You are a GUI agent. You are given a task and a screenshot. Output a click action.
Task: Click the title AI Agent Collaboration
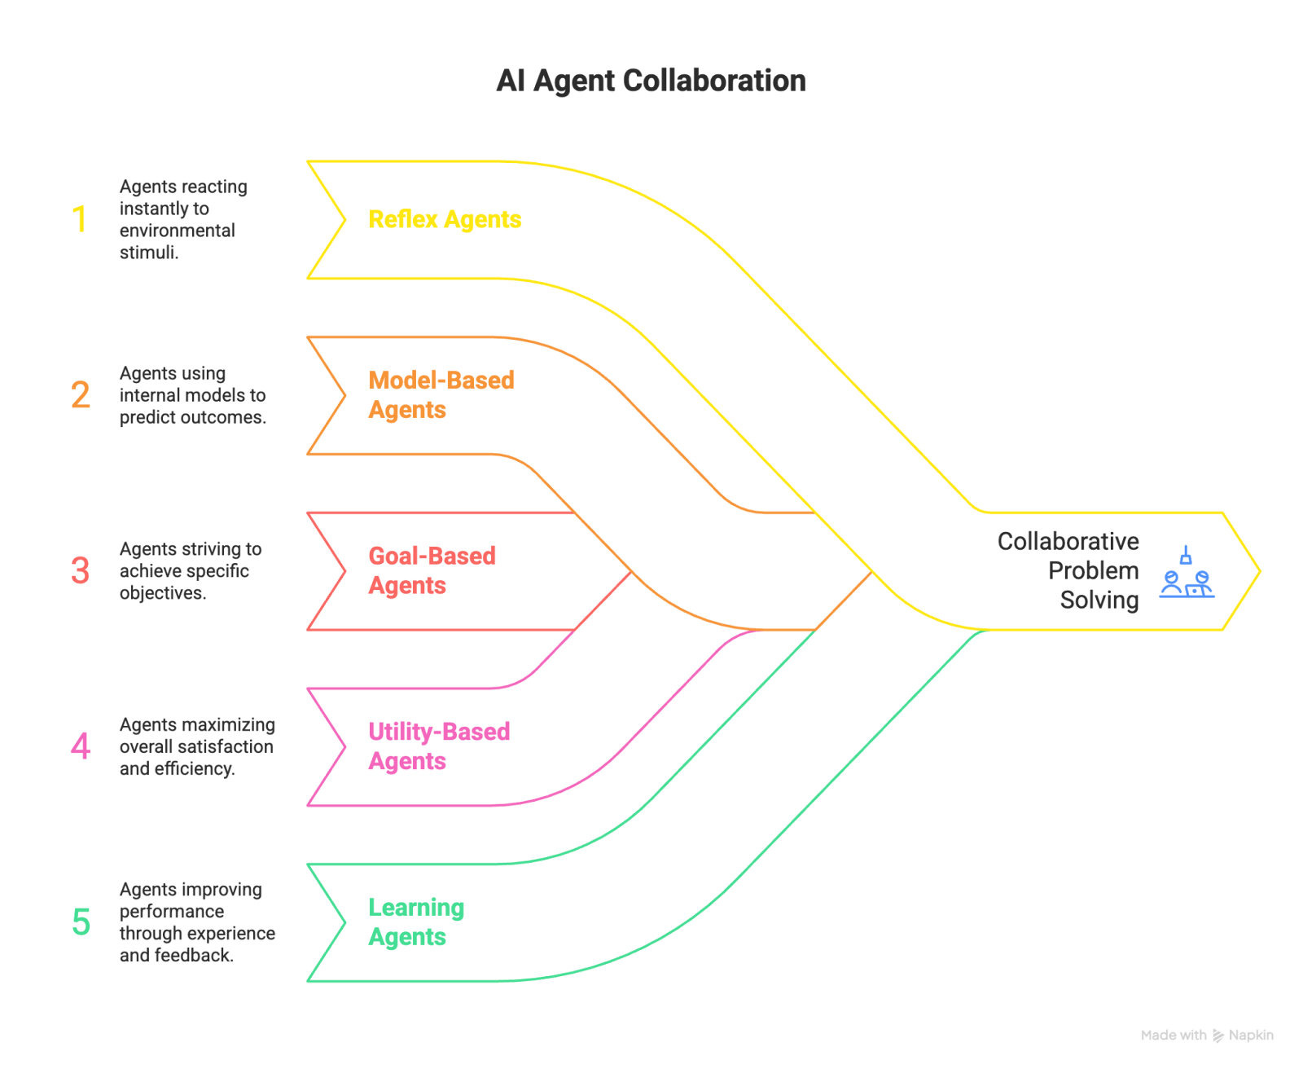[x=651, y=81]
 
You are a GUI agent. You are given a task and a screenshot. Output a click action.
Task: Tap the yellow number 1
[x=80, y=219]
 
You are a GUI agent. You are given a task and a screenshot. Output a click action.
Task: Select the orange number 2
[x=81, y=395]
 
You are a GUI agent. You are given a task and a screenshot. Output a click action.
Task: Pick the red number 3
[x=80, y=570]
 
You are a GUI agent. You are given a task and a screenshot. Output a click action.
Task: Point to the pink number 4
[x=80, y=746]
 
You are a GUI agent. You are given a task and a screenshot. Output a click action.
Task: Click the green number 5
[x=81, y=922]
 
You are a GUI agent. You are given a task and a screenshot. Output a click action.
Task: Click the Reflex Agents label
[x=445, y=219]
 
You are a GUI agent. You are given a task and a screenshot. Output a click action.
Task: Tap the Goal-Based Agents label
[x=432, y=570]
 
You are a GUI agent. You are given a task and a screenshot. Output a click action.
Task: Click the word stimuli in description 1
[x=148, y=253]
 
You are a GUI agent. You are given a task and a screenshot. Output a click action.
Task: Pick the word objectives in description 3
[x=162, y=593]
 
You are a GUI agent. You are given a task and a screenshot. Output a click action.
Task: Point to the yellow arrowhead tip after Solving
[x=1258, y=571]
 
